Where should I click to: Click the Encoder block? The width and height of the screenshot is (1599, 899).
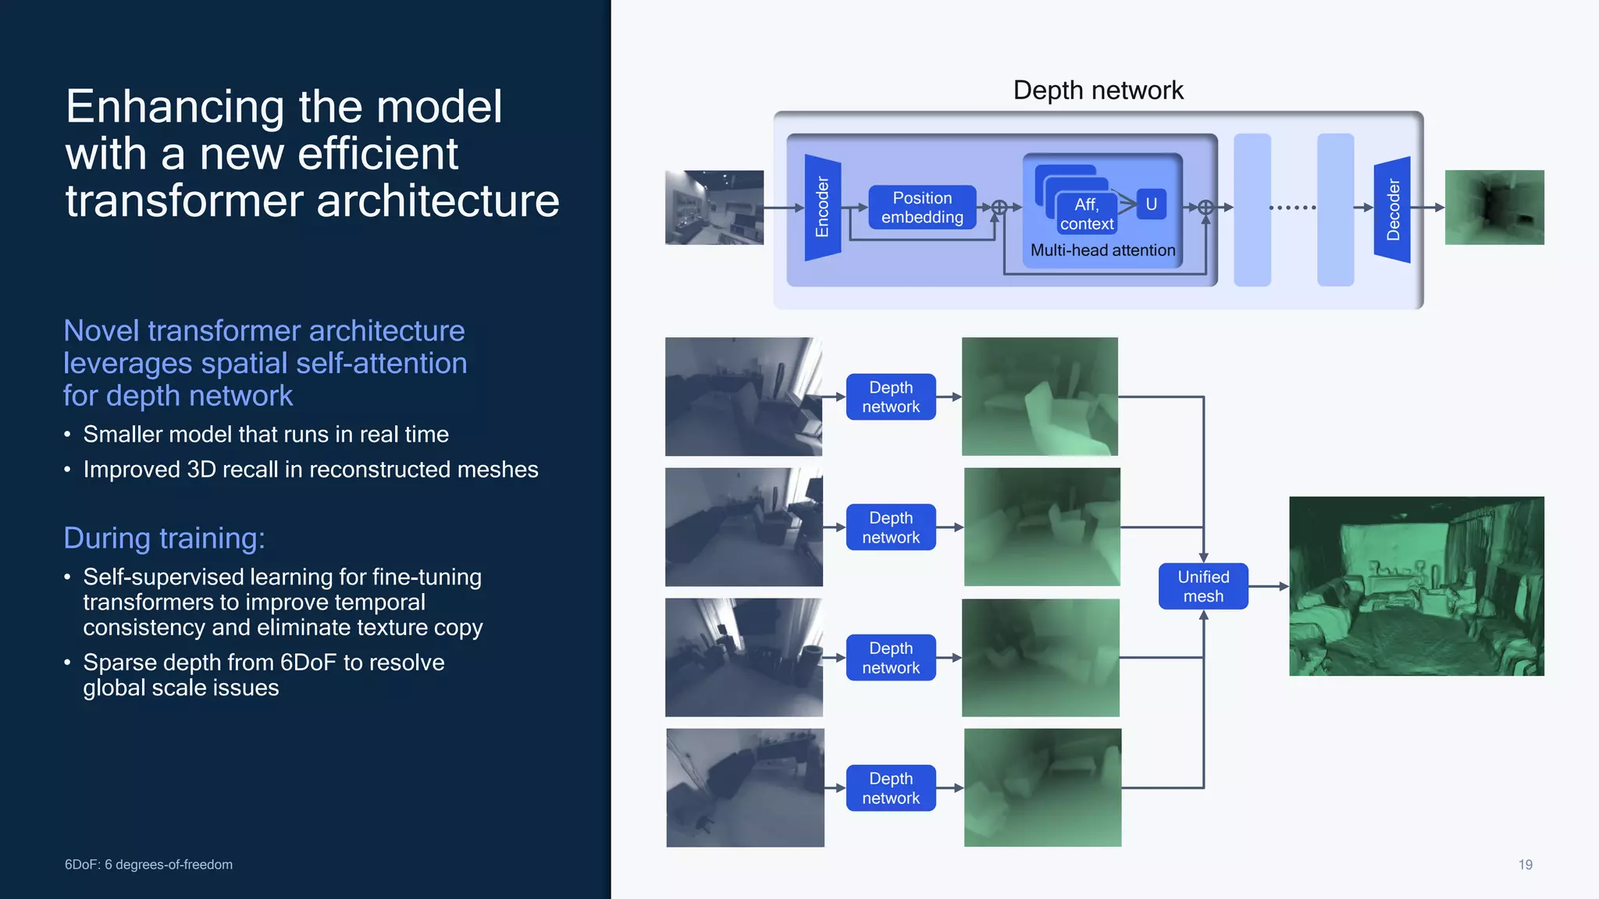822,208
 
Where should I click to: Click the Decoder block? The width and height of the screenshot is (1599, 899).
1392,209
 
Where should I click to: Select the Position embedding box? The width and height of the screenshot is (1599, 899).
922,208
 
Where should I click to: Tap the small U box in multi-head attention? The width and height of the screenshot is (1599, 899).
1151,204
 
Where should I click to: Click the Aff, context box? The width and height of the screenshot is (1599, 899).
1086,214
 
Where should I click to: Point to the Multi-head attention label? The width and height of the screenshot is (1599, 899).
1102,251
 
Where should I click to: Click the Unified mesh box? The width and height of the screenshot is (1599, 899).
1203,586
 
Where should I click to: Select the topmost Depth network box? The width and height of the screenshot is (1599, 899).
891,397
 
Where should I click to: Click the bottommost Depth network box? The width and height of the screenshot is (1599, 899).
891,788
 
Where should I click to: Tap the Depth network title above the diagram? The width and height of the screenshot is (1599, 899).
1098,91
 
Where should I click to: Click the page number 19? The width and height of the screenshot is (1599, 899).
1525,865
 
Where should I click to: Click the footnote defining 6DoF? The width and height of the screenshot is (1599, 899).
148,865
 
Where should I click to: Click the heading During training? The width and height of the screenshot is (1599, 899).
164,538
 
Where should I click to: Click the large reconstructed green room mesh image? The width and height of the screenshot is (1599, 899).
1416,586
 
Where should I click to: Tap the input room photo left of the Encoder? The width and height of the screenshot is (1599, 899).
714,208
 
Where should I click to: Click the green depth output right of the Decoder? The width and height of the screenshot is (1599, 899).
1494,208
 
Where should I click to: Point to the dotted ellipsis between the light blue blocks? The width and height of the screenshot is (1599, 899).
1293,208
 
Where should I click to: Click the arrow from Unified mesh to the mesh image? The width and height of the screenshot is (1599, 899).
1268,586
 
